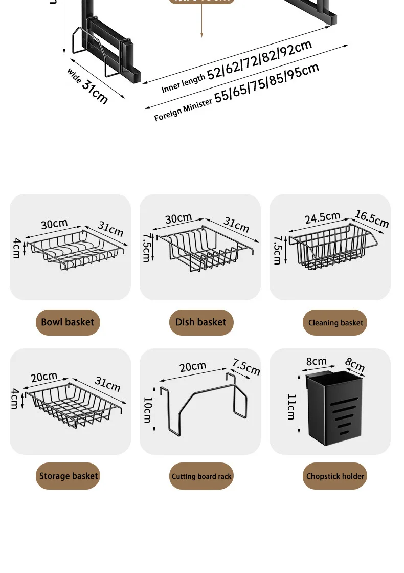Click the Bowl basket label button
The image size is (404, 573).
point(68,322)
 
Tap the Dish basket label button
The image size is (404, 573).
point(201,322)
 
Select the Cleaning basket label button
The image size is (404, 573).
point(335,323)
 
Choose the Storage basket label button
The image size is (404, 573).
point(69,476)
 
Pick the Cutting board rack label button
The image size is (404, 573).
point(201,476)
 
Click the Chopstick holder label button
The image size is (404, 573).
point(335,476)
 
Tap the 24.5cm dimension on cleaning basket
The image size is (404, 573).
point(322,217)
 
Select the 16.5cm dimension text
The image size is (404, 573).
point(372,218)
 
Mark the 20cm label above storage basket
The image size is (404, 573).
point(44,377)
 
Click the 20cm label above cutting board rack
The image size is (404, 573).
point(193,366)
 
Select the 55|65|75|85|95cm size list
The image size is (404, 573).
point(266,83)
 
